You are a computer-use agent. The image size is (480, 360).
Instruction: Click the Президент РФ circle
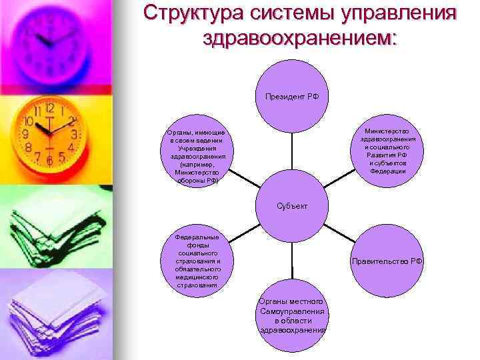click(x=292, y=96)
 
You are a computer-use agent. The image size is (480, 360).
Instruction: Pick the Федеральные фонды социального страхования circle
click(x=196, y=261)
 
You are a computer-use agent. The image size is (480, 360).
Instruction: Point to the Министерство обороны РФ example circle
click(x=196, y=155)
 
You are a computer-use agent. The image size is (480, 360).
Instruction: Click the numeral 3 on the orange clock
click(x=73, y=134)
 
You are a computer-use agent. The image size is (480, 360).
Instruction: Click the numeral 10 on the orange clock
click(x=29, y=122)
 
